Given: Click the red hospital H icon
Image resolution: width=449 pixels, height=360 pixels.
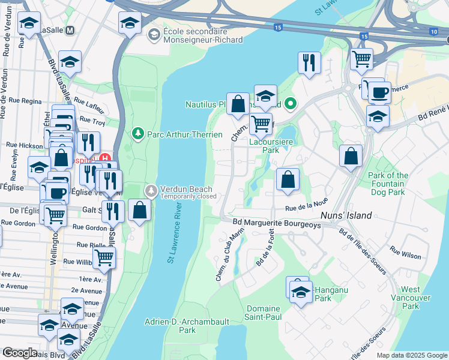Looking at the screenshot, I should [x=105, y=160].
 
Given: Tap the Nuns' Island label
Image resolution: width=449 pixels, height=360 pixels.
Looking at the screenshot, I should [x=348, y=215].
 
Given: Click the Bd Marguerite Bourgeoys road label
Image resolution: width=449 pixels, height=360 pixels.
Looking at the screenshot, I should [x=277, y=223].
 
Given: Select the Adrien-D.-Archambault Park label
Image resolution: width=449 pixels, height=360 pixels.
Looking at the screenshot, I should [x=187, y=326].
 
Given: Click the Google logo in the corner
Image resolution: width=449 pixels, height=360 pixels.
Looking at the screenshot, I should [x=19, y=353].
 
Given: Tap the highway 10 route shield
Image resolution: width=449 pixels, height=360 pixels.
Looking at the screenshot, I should [x=434, y=31].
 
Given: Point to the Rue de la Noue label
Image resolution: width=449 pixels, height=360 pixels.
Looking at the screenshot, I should [x=307, y=205].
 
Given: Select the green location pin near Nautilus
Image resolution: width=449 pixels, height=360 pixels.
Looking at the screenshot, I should [x=291, y=104].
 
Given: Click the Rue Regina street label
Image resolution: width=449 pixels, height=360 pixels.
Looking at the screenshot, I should [x=23, y=101].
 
